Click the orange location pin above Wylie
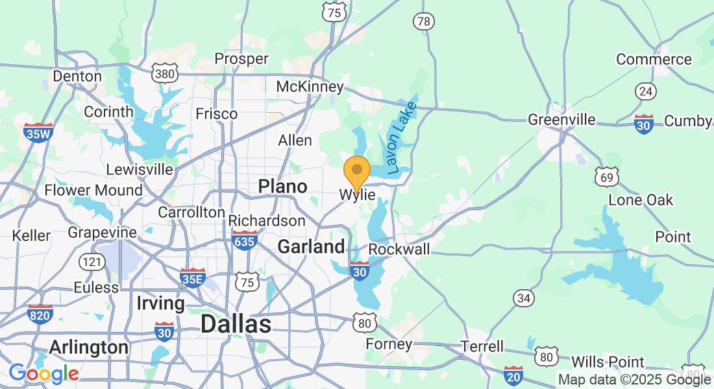356,171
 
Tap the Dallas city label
235,324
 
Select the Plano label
282,187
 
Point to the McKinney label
310,87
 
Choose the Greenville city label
561,120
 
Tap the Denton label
77,77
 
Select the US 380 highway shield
165,74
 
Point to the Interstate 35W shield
38,133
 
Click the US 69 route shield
606,176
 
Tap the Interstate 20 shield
513,375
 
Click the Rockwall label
399,250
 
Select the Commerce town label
654,60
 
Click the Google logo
43,373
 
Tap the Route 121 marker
90,262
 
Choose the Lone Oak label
641,200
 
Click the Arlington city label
90,348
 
